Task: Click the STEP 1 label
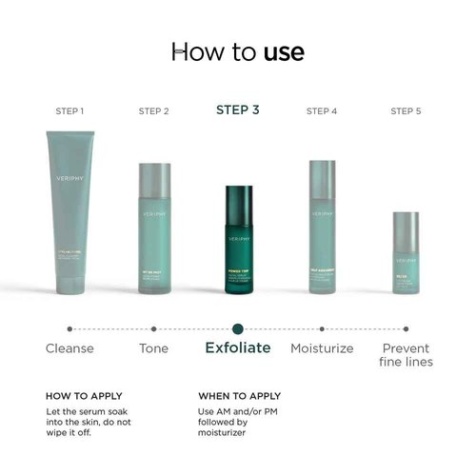(69, 111)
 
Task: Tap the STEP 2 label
(154, 111)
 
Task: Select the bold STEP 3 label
(238, 110)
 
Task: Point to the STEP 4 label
(322, 111)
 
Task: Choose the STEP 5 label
(406, 111)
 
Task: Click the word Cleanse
(70, 348)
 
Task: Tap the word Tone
(154, 348)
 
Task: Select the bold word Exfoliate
(238, 347)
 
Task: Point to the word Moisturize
(322, 348)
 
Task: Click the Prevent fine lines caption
(407, 355)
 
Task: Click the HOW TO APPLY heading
(84, 396)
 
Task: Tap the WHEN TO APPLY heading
(239, 396)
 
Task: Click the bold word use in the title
(285, 52)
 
